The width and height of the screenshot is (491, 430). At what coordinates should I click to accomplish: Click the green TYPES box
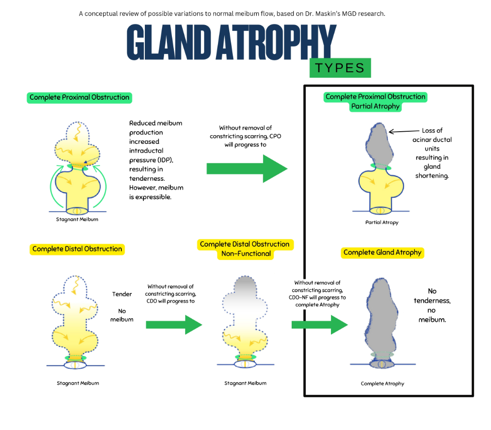pos(340,68)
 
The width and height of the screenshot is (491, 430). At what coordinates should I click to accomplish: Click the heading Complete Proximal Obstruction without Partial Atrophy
pos(80,97)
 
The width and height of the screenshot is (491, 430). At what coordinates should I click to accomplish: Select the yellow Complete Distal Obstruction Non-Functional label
pos(245,249)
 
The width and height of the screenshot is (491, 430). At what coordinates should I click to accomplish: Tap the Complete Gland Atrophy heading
pos(382,253)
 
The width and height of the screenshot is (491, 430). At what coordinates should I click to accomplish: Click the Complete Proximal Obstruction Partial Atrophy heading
pos(376,101)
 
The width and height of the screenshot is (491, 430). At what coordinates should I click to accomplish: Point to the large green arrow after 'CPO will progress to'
pos(246,168)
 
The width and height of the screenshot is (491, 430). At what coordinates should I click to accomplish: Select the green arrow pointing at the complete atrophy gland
pos(319,324)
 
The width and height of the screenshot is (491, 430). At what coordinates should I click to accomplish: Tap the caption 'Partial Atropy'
pos(382,223)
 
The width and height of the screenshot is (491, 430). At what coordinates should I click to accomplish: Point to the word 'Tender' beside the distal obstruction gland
pos(122,294)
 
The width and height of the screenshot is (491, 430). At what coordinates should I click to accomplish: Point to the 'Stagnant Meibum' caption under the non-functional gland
pos(245,383)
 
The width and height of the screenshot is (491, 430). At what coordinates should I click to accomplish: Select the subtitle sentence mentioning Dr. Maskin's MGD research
pos(232,13)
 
